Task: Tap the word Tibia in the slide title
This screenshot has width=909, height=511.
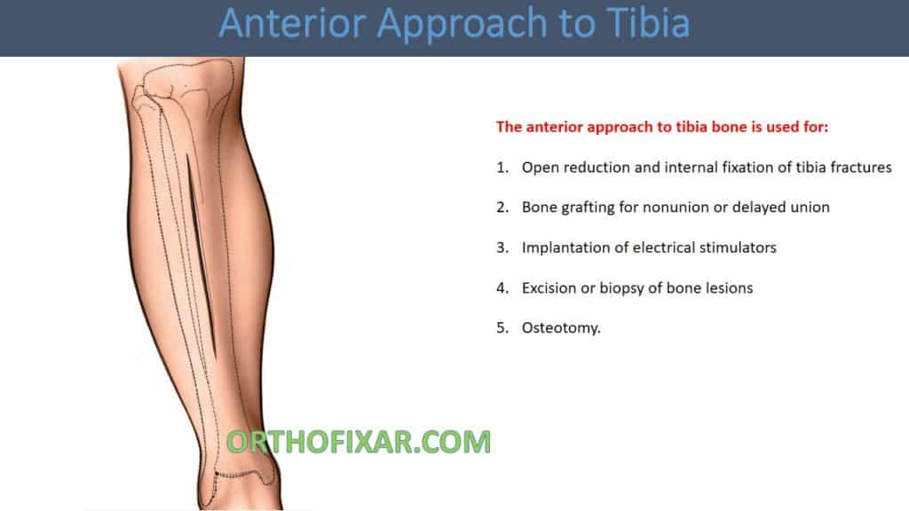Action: tap(647, 24)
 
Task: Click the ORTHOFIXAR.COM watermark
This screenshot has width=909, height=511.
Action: tap(359, 441)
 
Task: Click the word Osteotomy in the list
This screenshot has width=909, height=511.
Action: tap(560, 327)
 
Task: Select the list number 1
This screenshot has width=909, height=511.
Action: tap(502, 167)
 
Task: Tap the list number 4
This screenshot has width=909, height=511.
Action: tap(502, 287)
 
